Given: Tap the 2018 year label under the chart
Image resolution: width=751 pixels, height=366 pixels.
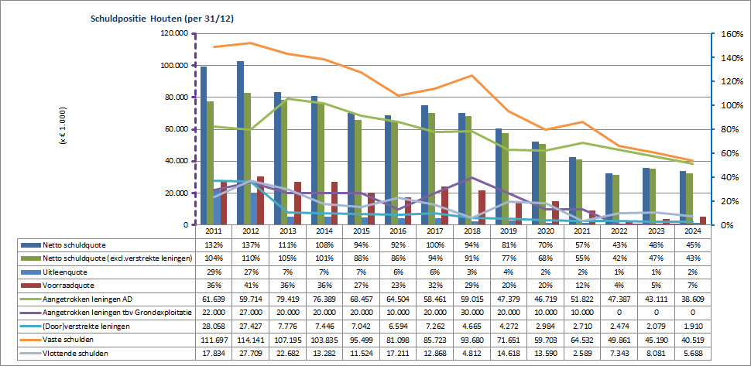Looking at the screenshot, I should click(x=466, y=231).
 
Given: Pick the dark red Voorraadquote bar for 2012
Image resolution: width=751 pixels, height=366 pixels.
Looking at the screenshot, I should click(x=259, y=200).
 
